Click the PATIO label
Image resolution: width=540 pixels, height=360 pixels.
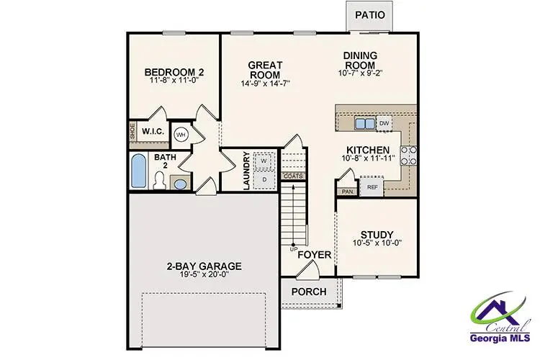(x=369, y=14)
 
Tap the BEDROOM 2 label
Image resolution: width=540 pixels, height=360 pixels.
(x=174, y=72)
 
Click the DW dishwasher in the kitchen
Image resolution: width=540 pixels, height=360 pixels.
(x=384, y=123)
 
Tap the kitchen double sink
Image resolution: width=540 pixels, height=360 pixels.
(x=365, y=124)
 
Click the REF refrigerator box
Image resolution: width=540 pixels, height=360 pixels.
(x=372, y=187)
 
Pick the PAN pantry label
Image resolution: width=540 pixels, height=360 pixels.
(x=347, y=192)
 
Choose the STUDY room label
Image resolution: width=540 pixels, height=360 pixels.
(x=377, y=235)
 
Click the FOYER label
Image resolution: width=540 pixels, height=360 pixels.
(x=314, y=255)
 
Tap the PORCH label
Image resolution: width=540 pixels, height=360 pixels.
(x=309, y=292)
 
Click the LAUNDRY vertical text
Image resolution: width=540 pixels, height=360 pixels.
(x=246, y=170)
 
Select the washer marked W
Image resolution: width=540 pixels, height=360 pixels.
(x=264, y=160)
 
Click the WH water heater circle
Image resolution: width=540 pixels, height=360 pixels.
(x=181, y=134)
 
